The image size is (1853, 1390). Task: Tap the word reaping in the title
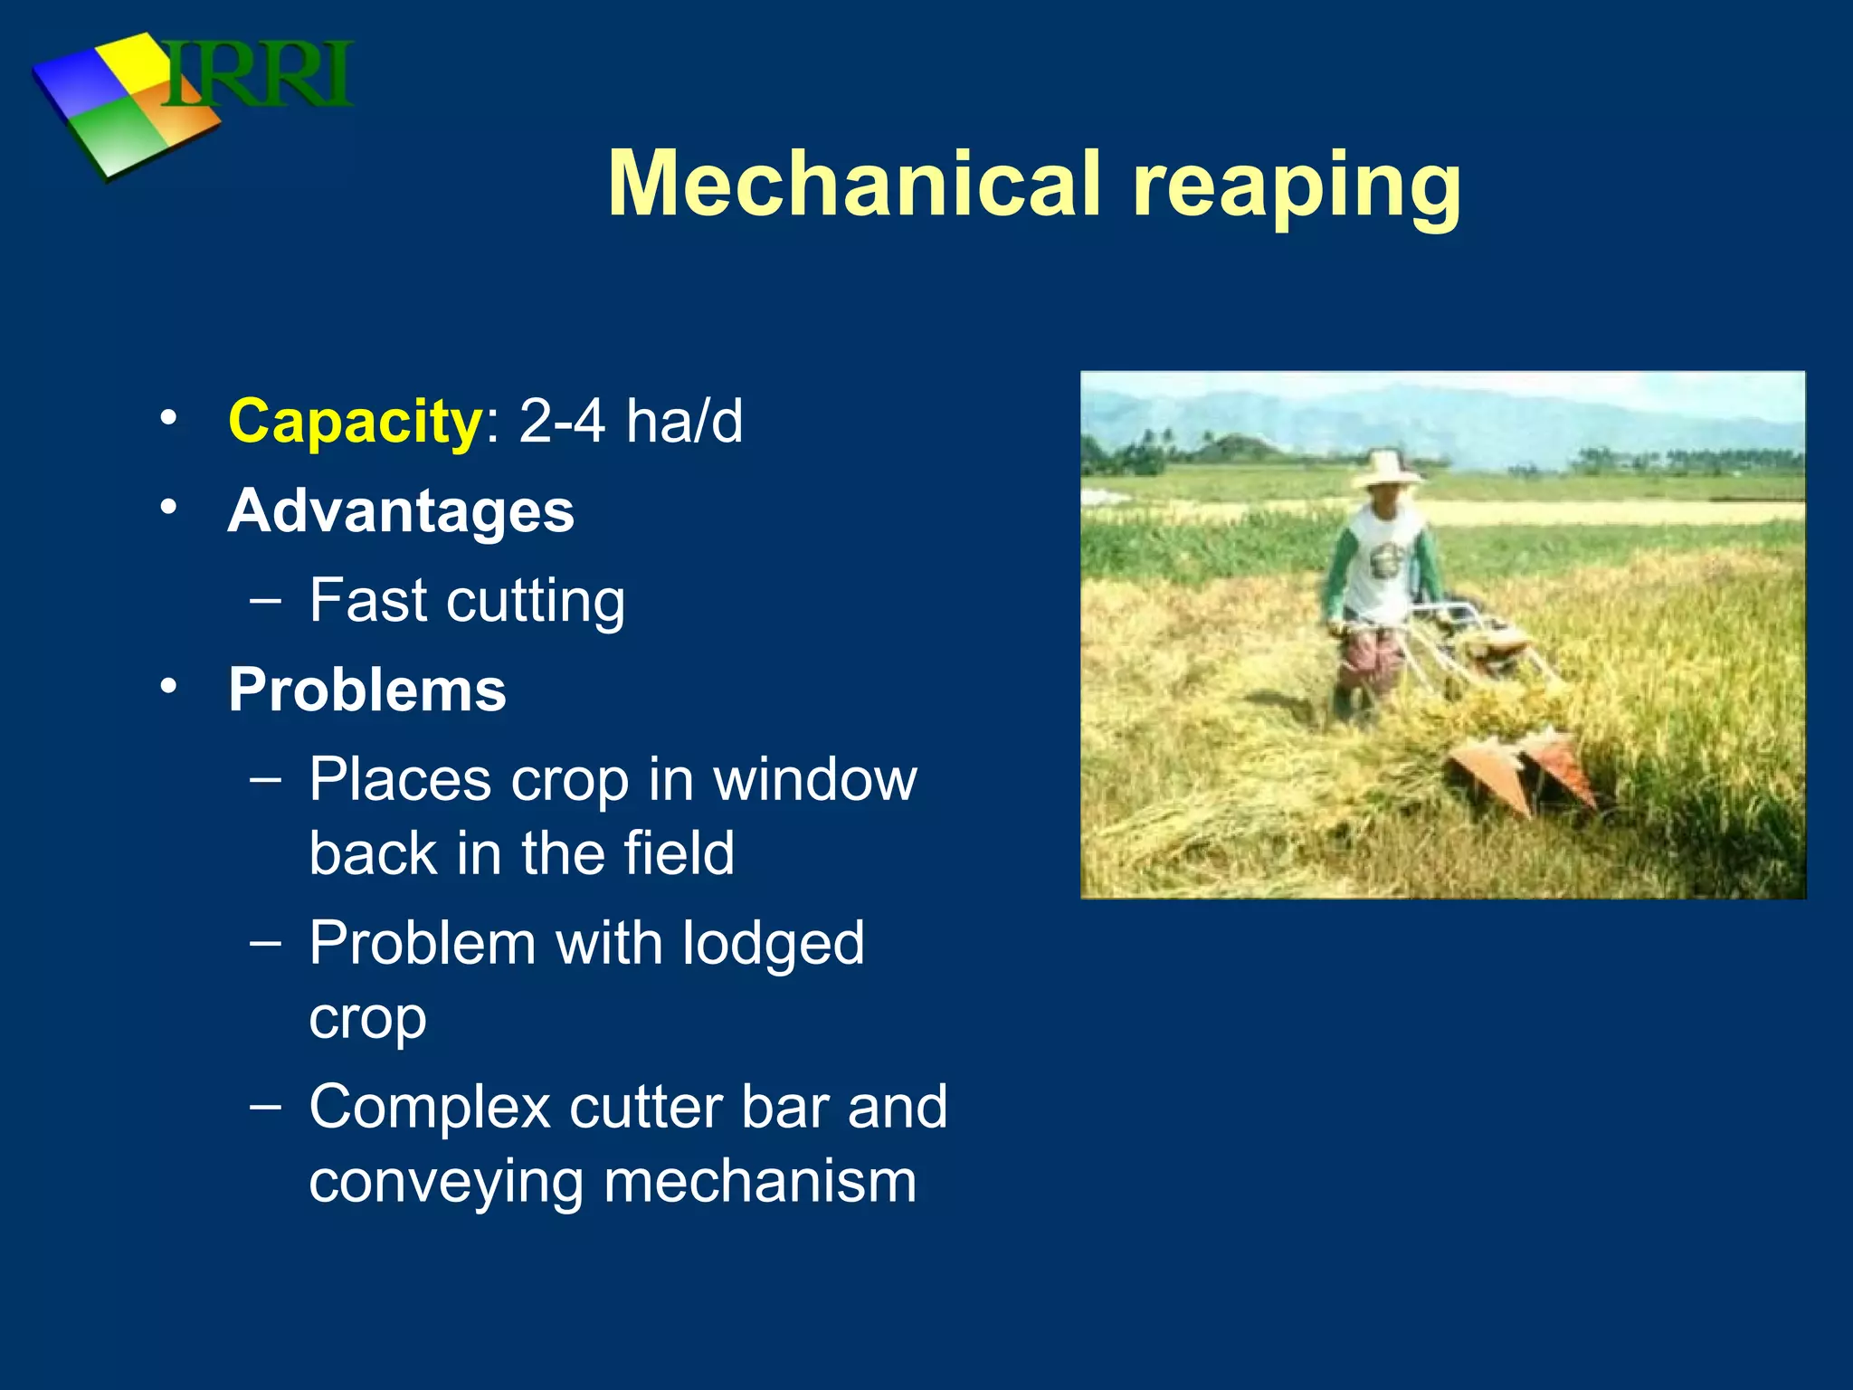(x=1295, y=188)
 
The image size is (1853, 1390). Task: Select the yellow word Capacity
(x=356, y=422)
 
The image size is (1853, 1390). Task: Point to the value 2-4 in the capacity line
(x=561, y=422)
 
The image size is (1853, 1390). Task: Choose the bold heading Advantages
(x=401, y=511)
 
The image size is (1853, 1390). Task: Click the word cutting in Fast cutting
(x=534, y=602)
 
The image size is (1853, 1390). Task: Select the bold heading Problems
(x=366, y=690)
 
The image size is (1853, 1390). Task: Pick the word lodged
(x=773, y=944)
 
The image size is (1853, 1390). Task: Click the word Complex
(x=429, y=1108)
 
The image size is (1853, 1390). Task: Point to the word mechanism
(x=759, y=1182)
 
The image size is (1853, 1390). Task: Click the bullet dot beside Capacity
(x=167, y=419)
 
